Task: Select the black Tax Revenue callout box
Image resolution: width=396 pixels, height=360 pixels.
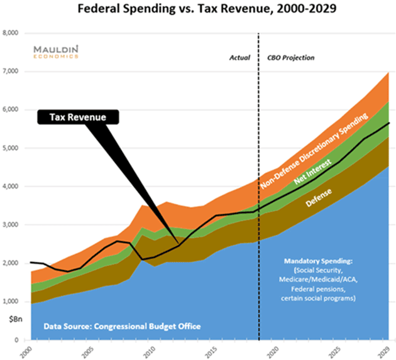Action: click(79, 116)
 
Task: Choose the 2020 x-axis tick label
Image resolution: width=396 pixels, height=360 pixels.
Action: click(271, 350)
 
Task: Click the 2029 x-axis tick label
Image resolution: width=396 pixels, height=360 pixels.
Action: click(385, 350)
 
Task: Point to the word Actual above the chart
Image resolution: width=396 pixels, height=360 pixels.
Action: click(239, 58)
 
